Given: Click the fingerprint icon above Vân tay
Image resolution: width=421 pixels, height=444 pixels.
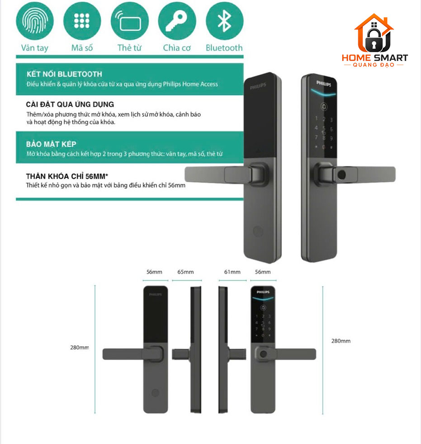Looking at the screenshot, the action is point(35,21).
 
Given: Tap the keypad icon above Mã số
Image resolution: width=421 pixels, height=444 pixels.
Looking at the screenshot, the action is point(82,21).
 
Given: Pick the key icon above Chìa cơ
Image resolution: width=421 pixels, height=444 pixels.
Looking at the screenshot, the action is point(177,21).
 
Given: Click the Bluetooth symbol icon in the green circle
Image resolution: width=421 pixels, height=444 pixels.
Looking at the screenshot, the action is point(224,21).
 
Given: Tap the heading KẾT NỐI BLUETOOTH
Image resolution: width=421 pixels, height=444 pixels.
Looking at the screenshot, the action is point(64,74).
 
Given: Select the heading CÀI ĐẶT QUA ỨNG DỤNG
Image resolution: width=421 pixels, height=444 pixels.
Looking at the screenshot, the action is point(70,104).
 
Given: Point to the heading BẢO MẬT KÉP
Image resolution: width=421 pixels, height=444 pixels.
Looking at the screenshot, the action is point(51,144).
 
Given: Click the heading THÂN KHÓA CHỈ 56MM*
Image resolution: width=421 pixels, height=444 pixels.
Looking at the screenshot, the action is point(67,176).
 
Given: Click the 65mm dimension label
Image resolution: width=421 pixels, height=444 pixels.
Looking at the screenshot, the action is point(185,272).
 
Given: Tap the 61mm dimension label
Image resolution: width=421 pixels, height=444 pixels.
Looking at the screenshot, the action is point(232,272).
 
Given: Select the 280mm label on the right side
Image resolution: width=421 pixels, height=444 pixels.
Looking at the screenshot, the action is point(341,341).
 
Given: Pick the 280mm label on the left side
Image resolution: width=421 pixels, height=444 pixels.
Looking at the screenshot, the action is point(80,347).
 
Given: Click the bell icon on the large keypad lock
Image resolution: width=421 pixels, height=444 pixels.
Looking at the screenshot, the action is point(324,107).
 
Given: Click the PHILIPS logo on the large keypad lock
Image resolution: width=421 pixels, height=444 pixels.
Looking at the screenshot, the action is point(324,83).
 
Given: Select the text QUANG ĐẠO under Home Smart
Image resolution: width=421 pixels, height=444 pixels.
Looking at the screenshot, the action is point(374,65).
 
